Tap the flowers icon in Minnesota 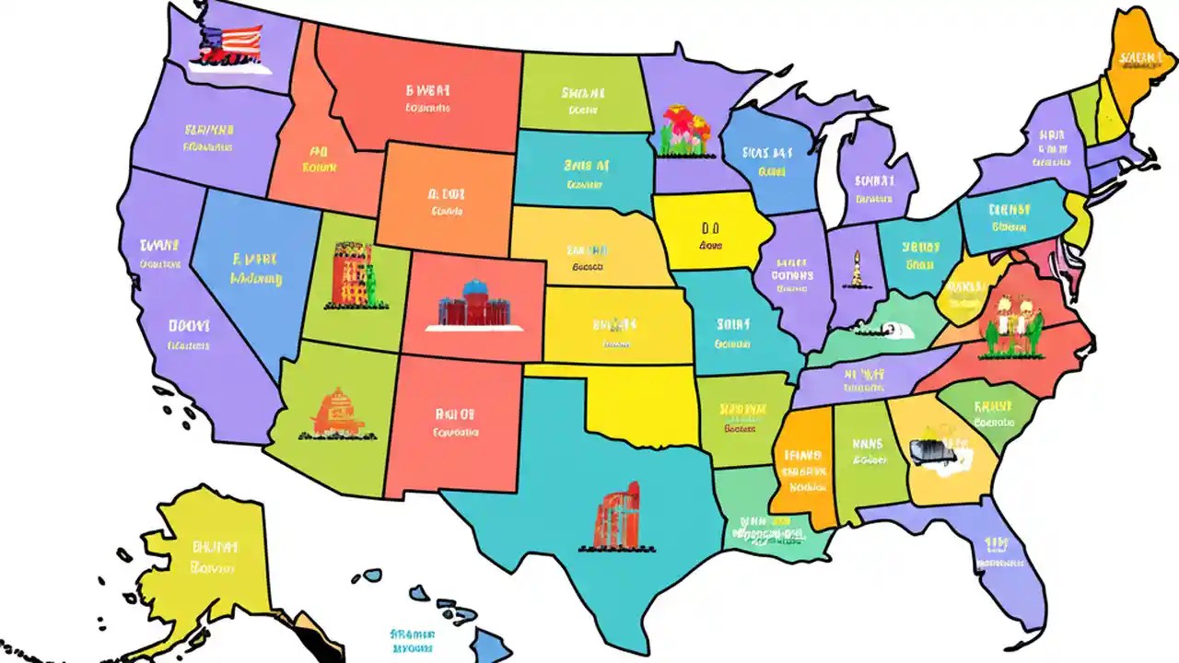(685, 130)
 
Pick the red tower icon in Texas (617, 518)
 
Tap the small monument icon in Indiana (856, 270)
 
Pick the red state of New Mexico (453, 424)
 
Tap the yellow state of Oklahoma (645, 405)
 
